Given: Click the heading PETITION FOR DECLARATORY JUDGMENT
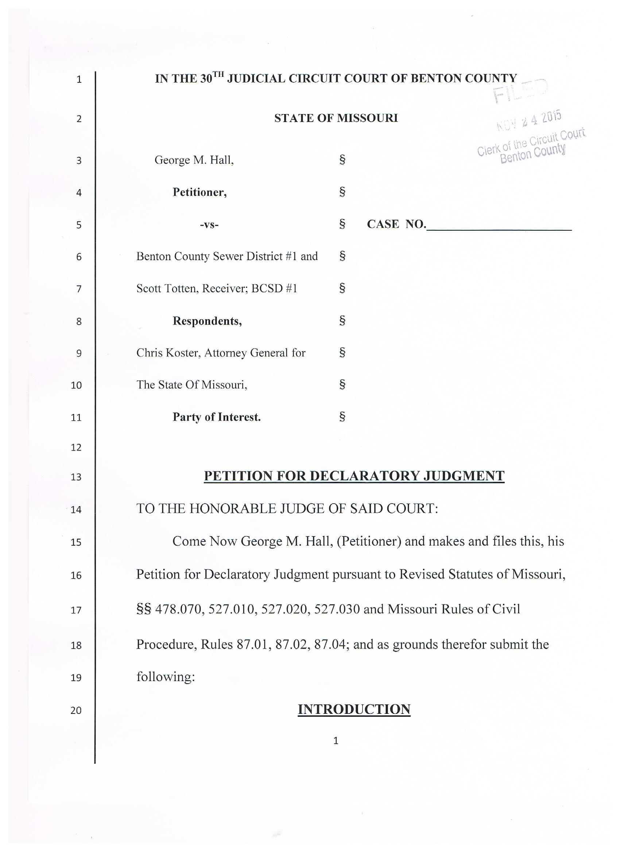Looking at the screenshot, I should tap(354, 476).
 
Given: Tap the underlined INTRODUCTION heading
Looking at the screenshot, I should tap(354, 709).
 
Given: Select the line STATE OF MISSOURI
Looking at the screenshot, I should tap(336, 118).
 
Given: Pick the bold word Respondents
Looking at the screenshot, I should tap(207, 321).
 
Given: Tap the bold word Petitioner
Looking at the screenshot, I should tap(199, 192).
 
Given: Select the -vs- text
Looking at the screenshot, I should tap(209, 224).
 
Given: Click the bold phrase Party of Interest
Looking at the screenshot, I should tap(217, 417).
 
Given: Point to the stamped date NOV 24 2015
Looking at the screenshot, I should tap(530, 121).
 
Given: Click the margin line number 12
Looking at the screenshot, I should tap(76, 448).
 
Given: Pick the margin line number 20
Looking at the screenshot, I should tap(76, 710).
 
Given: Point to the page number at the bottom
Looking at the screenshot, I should tap(336, 740).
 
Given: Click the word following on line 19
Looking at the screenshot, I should tap(166, 677).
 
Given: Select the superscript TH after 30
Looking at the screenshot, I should tap(218, 74).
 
